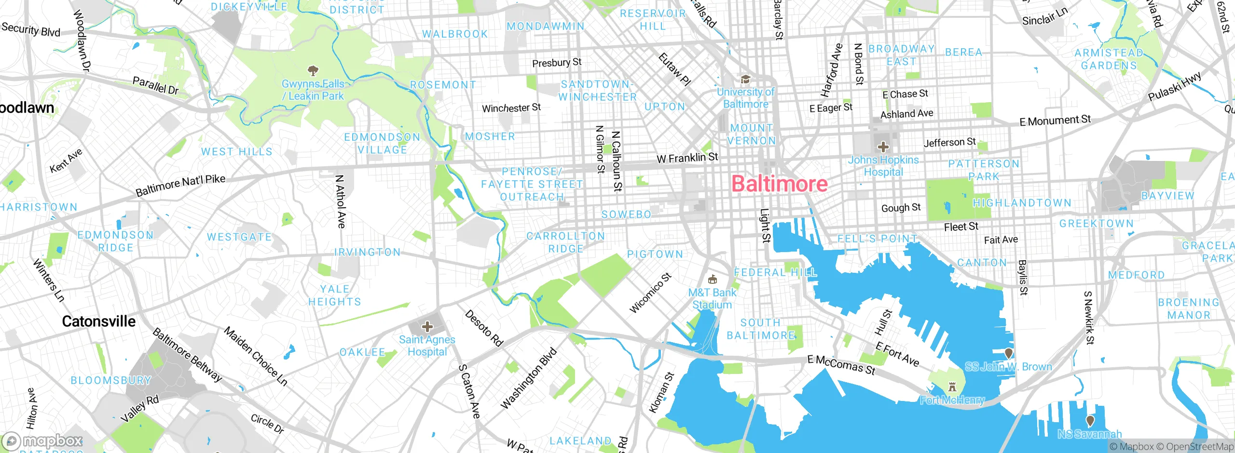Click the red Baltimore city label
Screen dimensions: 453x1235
[x=779, y=184]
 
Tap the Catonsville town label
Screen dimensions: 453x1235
[x=99, y=321]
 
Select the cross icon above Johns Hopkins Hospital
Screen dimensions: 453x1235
[x=883, y=147]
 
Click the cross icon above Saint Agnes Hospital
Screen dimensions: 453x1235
[x=427, y=327]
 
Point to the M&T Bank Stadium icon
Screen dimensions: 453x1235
[x=712, y=280]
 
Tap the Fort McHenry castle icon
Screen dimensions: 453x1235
[x=952, y=386]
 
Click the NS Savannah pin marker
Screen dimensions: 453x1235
[x=1090, y=421]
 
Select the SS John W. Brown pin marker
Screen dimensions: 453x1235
[x=1008, y=354]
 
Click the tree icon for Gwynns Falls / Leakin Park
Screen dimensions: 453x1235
[x=313, y=71]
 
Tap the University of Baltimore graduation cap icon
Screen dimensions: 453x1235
[x=745, y=80]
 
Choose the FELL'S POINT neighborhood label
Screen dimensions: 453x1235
[x=877, y=239]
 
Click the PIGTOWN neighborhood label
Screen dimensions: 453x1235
[x=655, y=254]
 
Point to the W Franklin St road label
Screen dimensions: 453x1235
[x=687, y=158]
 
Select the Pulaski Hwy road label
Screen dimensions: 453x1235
[x=1174, y=87]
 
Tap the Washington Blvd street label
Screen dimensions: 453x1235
[x=529, y=378]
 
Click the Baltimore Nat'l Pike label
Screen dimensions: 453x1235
[x=180, y=186]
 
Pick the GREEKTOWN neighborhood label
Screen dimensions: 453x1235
[x=1096, y=224]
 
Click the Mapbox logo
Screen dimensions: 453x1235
[x=42, y=441]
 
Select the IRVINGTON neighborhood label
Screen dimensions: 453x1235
[x=368, y=252]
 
